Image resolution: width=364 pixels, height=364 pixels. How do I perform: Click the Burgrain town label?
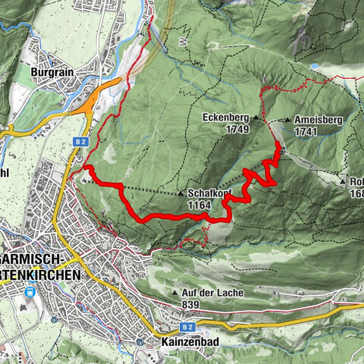(x=51, y=72)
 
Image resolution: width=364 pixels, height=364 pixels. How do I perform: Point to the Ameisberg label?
(x=317, y=120)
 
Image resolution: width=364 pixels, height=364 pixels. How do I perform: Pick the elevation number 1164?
(x=200, y=205)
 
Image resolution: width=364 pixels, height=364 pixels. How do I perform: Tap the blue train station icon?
(x=30, y=290)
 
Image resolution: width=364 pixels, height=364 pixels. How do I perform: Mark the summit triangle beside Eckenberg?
(x=256, y=119)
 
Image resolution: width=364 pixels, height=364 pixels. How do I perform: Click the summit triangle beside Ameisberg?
(x=289, y=120)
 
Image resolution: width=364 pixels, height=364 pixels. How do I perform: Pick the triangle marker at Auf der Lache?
(x=176, y=293)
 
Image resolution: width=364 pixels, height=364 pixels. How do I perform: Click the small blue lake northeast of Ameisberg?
(x=314, y=67)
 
